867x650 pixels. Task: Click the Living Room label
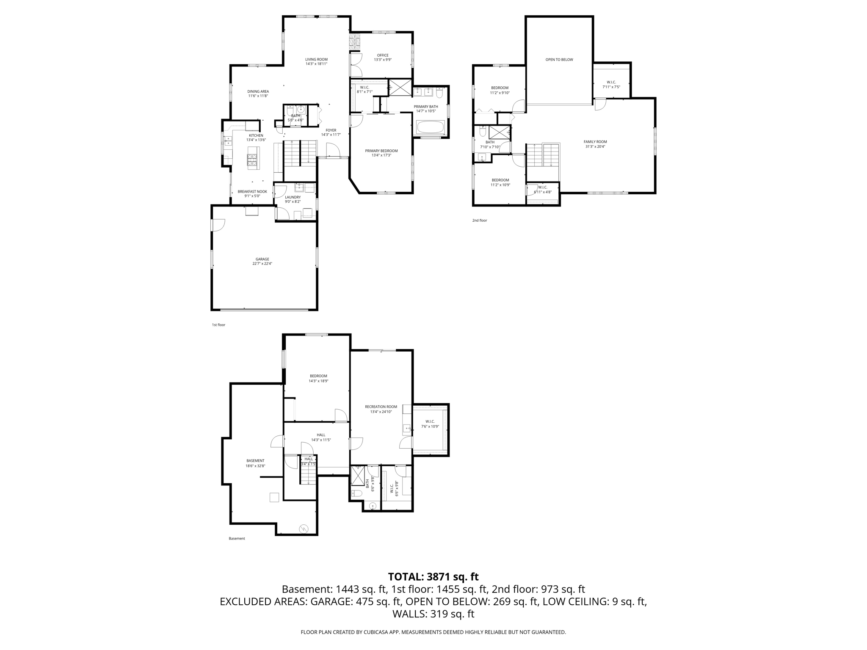point(316,59)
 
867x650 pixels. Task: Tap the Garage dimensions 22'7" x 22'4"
point(262,264)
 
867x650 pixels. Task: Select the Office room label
point(383,55)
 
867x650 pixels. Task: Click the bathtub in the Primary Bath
point(431,127)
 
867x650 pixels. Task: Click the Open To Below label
point(559,60)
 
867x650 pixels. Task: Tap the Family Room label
point(595,142)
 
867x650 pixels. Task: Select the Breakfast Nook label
point(252,191)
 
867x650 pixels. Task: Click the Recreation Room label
point(381,407)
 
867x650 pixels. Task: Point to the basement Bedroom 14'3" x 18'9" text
point(318,381)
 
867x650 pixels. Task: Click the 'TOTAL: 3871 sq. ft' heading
point(433,577)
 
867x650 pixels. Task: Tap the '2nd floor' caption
point(480,220)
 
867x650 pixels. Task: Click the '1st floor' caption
point(218,325)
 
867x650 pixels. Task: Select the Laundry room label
point(293,197)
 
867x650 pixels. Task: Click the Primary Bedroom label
point(381,151)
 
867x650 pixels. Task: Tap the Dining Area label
point(258,91)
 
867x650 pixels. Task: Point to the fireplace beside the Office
point(354,42)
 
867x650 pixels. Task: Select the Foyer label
point(331,130)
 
